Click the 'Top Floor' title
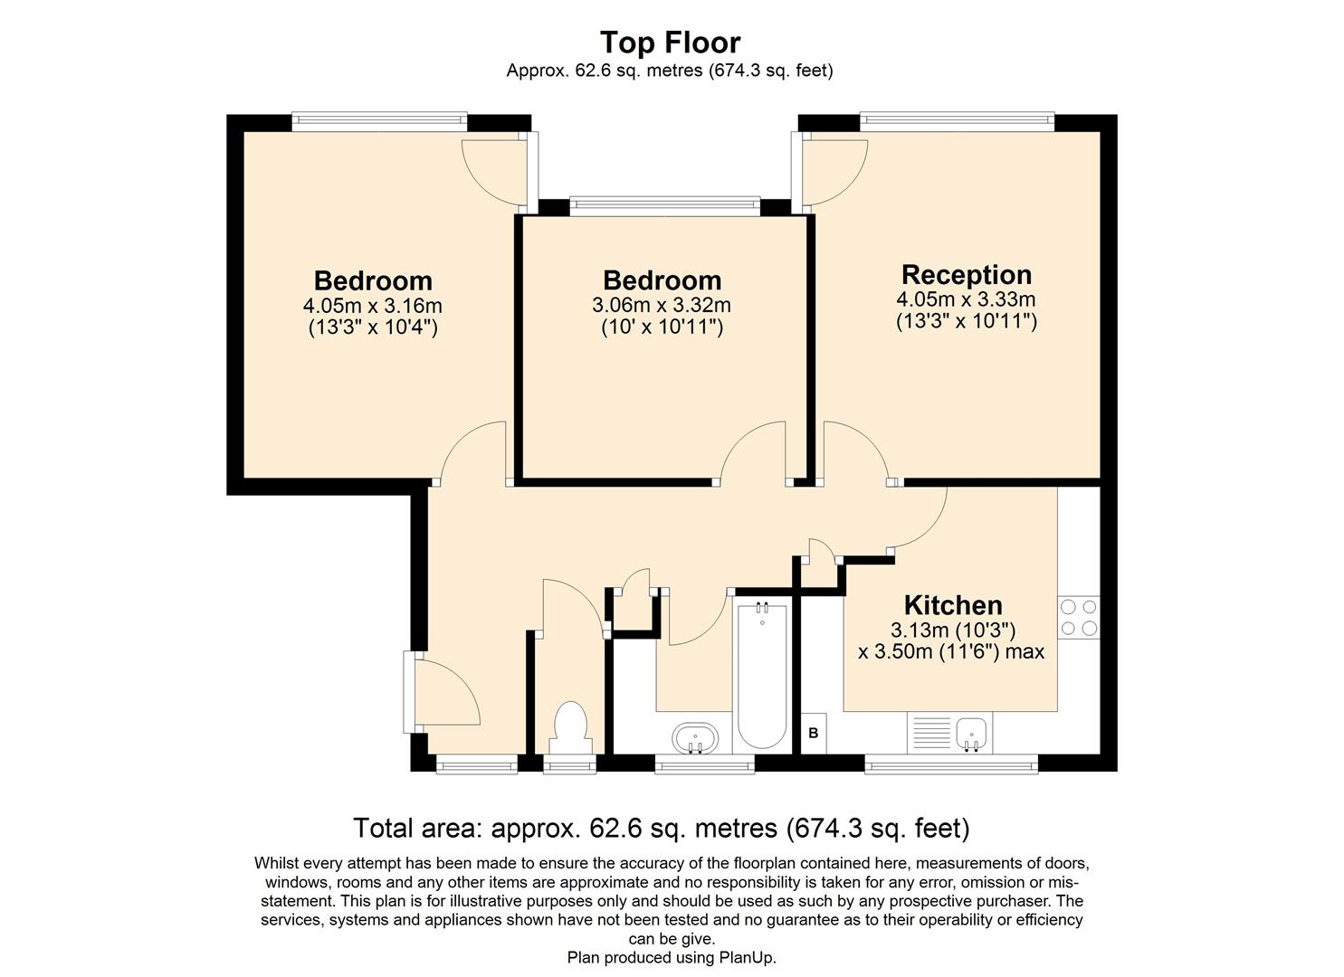point(670,43)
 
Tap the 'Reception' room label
point(966,274)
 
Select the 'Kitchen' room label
point(952,604)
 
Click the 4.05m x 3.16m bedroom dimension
point(373,306)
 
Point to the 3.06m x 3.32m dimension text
point(662,306)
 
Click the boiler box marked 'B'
point(813,733)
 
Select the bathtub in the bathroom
point(761,674)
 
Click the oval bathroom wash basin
point(695,737)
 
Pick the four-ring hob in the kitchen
point(1078,617)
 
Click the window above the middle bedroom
point(665,206)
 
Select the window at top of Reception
point(957,122)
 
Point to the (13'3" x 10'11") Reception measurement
point(966,320)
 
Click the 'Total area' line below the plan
point(661,828)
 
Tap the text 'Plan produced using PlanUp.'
point(672,957)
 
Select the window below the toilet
point(569,765)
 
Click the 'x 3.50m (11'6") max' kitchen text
point(950,651)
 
